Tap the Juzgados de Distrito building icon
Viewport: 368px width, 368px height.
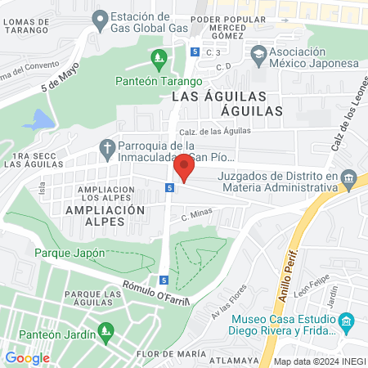point(349,178)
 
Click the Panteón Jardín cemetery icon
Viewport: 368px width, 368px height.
point(104,330)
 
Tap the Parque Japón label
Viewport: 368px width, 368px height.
point(70,253)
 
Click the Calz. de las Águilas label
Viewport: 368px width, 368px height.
point(231,131)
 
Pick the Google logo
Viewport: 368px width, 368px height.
point(27,357)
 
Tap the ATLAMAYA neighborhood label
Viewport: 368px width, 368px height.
point(234,357)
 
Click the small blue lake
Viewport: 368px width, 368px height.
point(38,121)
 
